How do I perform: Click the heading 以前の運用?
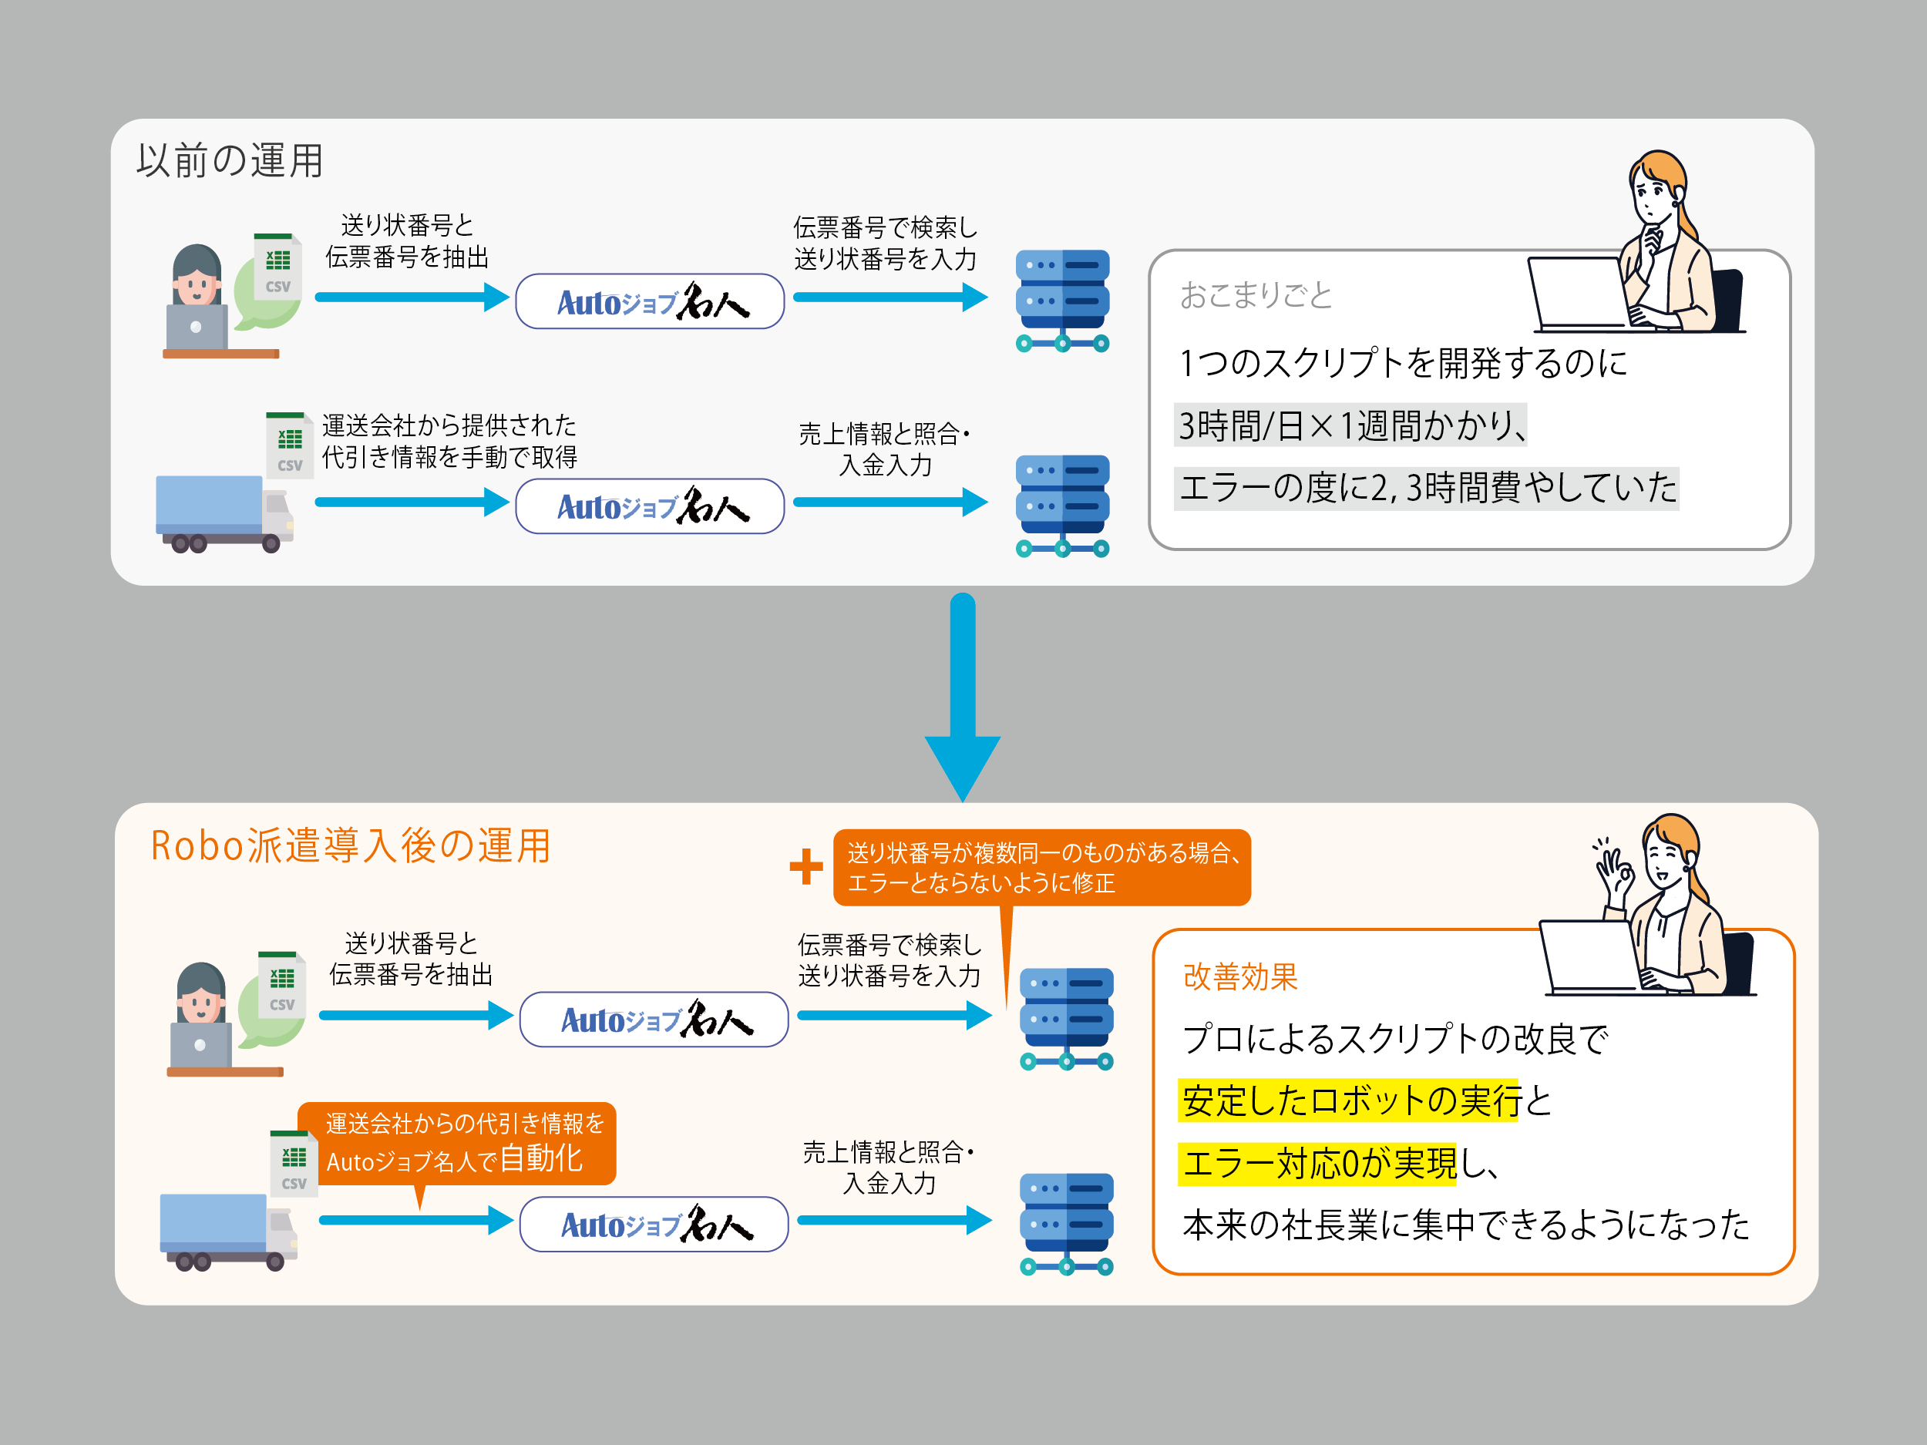(230, 161)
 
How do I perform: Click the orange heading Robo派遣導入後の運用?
(350, 845)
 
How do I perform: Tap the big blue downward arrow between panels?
(963, 697)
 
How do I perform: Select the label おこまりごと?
(1256, 295)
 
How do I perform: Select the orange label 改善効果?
(1240, 977)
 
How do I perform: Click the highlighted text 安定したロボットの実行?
(1350, 1101)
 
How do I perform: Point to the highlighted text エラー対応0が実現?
(1318, 1163)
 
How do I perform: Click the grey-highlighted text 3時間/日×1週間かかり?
(1351, 425)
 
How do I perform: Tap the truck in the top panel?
(224, 514)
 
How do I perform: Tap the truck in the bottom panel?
(228, 1232)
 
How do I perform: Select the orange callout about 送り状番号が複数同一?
(1042, 868)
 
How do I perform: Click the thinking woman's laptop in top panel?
(1577, 293)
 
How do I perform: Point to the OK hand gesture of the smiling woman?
(1613, 867)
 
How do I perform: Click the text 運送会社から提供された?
(449, 425)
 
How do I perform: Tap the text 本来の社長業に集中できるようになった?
(1466, 1225)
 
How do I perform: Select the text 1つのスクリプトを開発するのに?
(1404, 362)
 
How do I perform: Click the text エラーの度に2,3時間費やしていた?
(1427, 488)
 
